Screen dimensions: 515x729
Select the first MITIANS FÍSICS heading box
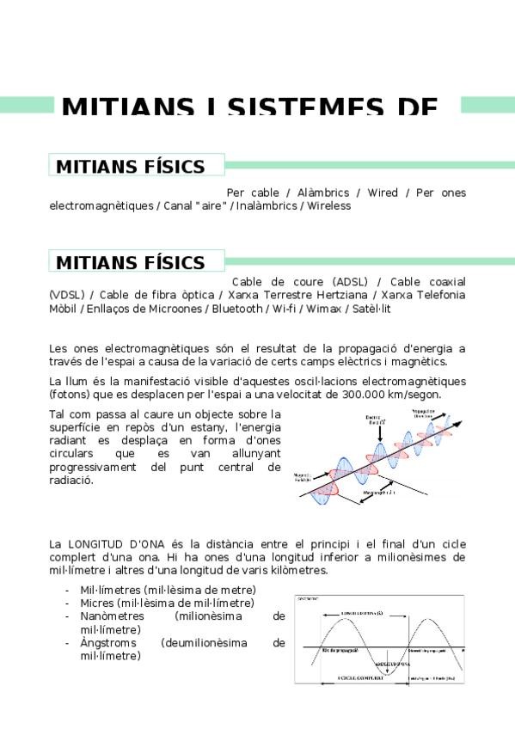point(137,166)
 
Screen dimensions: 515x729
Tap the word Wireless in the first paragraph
point(329,206)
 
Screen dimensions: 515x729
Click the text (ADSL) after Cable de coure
point(356,282)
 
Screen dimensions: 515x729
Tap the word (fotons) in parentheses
point(71,395)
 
